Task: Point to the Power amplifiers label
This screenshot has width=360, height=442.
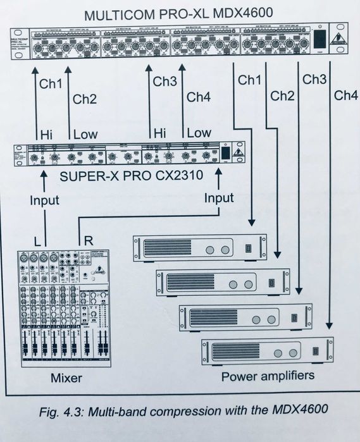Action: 268,376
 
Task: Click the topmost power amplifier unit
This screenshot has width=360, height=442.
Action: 199,247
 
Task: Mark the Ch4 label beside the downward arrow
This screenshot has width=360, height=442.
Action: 345,96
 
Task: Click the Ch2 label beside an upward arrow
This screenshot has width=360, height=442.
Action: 85,99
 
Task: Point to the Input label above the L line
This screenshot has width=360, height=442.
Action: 44,200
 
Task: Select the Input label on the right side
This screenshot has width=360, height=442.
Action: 218,199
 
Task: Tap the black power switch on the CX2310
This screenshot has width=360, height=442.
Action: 225,153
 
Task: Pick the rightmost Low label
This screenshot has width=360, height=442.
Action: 199,133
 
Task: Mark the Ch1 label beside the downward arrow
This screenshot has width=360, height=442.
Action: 249,80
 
